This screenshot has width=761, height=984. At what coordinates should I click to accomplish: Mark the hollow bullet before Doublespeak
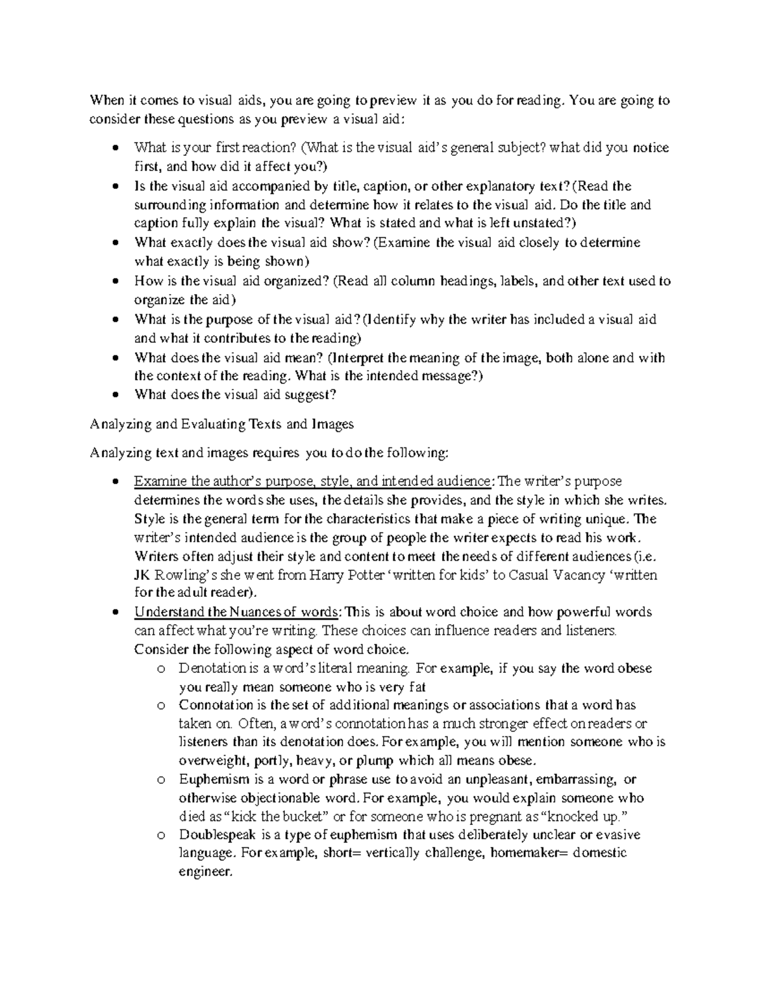pyautogui.click(x=162, y=835)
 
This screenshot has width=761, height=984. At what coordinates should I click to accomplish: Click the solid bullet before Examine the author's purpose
pyautogui.click(x=115, y=482)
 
